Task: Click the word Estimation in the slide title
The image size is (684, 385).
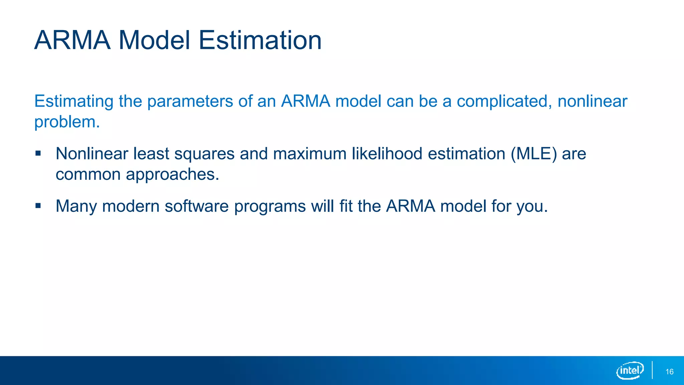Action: pos(260,40)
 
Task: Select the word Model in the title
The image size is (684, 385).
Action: pos(154,40)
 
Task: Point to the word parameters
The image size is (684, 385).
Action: pos(190,101)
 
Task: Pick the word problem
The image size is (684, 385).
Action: pos(67,122)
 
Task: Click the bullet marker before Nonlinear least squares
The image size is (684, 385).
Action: pos(38,153)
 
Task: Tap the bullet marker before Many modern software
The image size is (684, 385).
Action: pos(38,206)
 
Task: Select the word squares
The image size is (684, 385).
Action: pos(204,154)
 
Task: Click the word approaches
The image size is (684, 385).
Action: pos(173,174)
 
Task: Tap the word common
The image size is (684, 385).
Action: pos(88,174)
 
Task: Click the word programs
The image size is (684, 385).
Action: pos(270,207)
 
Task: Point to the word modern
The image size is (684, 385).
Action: pos(131,206)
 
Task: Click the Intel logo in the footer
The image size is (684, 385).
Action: pos(630,370)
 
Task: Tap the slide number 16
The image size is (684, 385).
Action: pos(669,372)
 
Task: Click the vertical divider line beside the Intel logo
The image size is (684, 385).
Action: pos(652,370)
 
